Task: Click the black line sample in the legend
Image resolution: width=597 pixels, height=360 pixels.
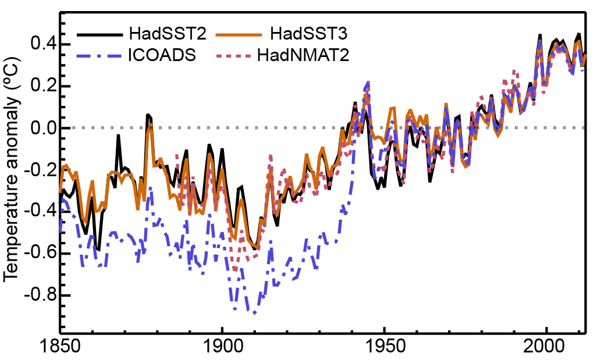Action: pos(98,34)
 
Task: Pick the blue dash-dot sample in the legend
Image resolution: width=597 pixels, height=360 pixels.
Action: pos(98,56)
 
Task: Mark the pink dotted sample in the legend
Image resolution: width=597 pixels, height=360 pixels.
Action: pos(233,56)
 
